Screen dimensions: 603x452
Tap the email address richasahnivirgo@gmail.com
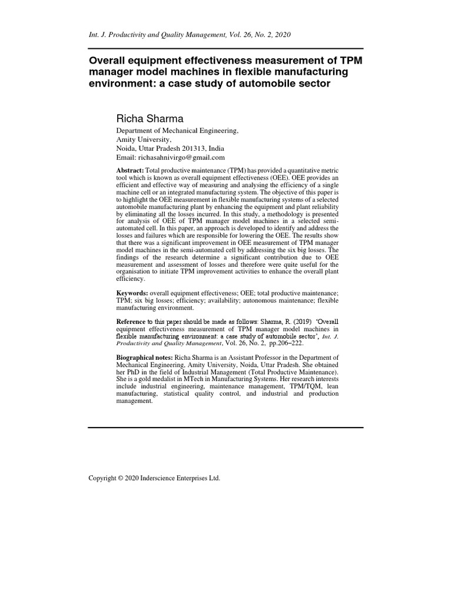point(181,157)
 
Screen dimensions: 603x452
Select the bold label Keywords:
point(132,293)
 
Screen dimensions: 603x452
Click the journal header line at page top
point(189,35)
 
